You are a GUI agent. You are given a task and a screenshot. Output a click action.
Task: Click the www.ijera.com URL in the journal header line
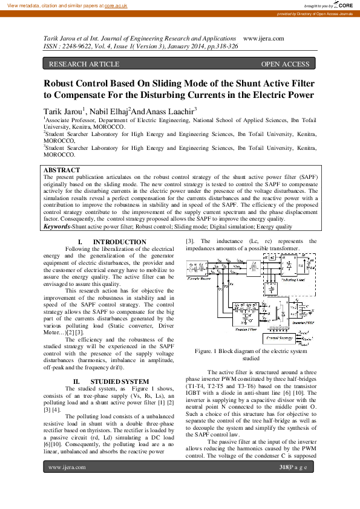263,38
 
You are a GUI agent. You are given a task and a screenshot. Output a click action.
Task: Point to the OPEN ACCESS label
285,64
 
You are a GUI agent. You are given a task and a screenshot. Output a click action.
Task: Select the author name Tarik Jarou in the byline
63,112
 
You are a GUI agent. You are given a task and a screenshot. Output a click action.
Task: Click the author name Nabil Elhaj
108,112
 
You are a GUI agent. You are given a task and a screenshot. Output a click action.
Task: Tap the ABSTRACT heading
62,170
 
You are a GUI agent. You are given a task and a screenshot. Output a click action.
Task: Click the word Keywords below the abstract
57,227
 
